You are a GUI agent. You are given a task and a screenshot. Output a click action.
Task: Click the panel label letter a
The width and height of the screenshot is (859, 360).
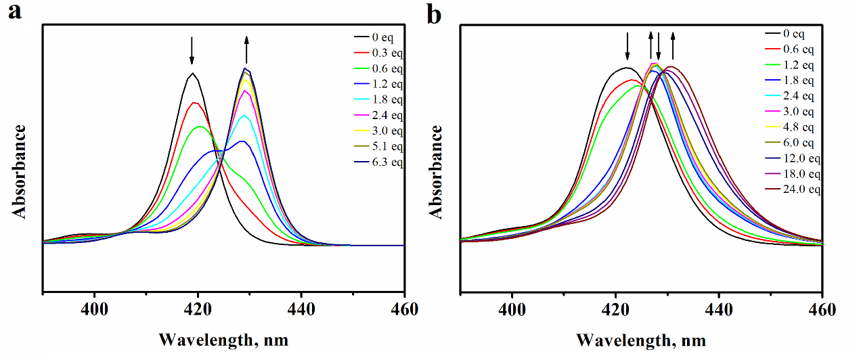click(15, 13)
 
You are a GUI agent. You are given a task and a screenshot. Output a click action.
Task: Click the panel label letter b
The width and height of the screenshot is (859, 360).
click(434, 14)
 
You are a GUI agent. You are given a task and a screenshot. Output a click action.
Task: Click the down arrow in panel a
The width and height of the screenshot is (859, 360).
click(192, 49)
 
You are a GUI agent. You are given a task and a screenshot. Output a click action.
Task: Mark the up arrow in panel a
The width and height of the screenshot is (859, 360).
click(246, 49)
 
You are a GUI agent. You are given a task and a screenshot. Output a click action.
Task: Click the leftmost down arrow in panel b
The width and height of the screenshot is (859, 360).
click(627, 45)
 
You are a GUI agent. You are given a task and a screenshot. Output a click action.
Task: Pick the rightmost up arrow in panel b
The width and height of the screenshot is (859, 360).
click(673, 45)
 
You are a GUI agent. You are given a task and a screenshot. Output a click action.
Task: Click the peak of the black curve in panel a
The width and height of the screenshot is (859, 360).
click(193, 73)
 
